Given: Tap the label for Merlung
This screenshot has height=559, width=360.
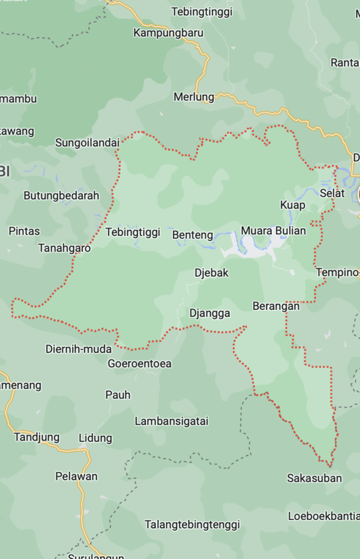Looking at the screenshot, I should point(193,97).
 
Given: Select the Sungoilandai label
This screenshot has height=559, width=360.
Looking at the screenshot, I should point(87,143).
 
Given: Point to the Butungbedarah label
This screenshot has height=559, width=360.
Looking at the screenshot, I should point(61,196).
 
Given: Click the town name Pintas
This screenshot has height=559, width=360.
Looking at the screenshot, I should point(24,231).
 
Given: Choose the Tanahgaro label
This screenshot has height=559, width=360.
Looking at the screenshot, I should point(64,248).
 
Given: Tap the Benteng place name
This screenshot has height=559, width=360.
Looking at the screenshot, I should point(193,235).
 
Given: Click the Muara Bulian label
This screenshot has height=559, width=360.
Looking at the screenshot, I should point(273,231).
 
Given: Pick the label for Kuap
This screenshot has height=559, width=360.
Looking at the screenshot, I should point(293,205).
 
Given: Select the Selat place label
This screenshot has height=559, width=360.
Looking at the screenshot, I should point(332,193).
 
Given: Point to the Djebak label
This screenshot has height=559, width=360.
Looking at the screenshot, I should point(211,273).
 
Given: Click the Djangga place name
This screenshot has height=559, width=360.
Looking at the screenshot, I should point(209,313).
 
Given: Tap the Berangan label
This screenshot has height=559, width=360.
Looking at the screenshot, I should point(276,306).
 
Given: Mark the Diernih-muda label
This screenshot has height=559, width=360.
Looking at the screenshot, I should point(78,349).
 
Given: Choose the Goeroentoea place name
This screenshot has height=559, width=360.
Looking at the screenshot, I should point(139,363).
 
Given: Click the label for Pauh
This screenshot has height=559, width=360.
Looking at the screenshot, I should point(118,395).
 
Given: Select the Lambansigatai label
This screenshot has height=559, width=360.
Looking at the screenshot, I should point(171,422).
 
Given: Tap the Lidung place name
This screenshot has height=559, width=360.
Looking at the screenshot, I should point(95,438).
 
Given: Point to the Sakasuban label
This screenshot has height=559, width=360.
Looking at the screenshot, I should point(314,479).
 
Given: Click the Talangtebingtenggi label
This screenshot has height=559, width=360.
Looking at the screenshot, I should point(192,525).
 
